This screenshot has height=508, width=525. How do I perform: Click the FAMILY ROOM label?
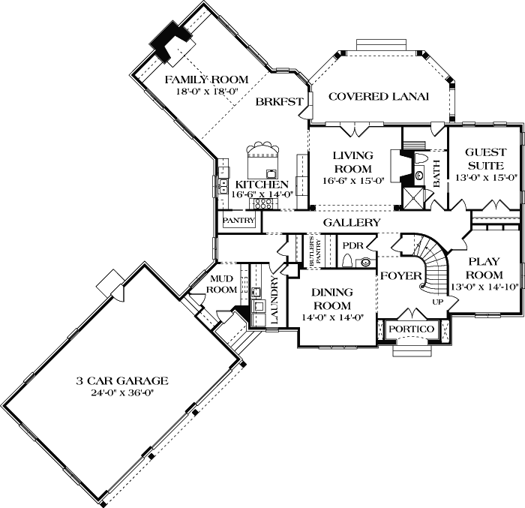point(201,80)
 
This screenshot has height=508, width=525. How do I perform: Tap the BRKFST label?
point(279,102)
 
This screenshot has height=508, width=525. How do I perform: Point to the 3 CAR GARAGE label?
point(121,380)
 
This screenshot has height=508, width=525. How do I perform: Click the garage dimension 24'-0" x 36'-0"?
point(121,392)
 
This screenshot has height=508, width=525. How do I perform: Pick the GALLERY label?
point(351,223)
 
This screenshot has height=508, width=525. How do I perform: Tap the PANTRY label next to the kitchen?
point(238,221)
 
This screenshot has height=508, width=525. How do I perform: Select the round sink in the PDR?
point(366,263)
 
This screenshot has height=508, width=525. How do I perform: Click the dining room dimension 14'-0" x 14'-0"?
point(332,317)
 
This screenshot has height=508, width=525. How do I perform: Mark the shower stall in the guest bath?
point(412,197)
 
